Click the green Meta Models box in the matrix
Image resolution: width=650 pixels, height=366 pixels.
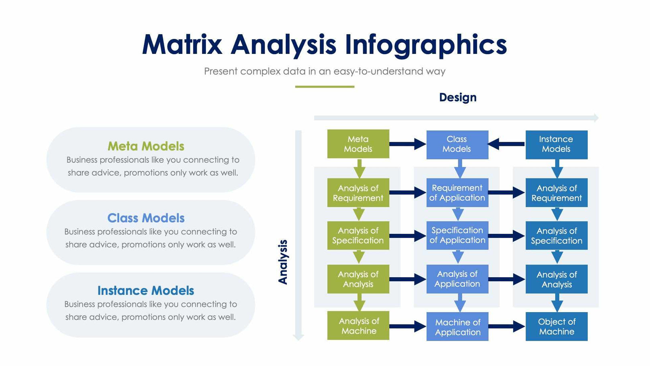(358, 144)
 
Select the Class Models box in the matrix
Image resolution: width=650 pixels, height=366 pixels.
(457, 144)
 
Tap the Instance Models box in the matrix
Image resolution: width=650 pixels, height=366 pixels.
(556, 144)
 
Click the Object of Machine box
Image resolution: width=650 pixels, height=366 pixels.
(556, 326)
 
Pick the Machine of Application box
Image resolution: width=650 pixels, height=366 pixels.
(457, 327)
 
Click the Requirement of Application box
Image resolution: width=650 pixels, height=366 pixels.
(457, 192)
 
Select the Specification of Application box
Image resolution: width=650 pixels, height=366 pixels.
(457, 235)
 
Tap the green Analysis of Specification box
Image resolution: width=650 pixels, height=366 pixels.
(358, 235)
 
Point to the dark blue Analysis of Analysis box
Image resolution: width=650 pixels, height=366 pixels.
(556, 279)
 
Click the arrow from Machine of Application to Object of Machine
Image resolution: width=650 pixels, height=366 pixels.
(506, 326)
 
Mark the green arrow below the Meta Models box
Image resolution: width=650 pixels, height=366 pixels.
(359, 168)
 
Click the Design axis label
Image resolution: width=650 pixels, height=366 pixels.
(457, 97)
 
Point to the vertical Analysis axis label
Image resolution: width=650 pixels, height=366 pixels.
(283, 262)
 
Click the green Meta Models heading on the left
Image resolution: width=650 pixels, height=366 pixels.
(146, 146)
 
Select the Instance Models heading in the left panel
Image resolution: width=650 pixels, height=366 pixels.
(146, 290)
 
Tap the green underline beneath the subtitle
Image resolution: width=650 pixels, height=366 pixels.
(325, 86)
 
